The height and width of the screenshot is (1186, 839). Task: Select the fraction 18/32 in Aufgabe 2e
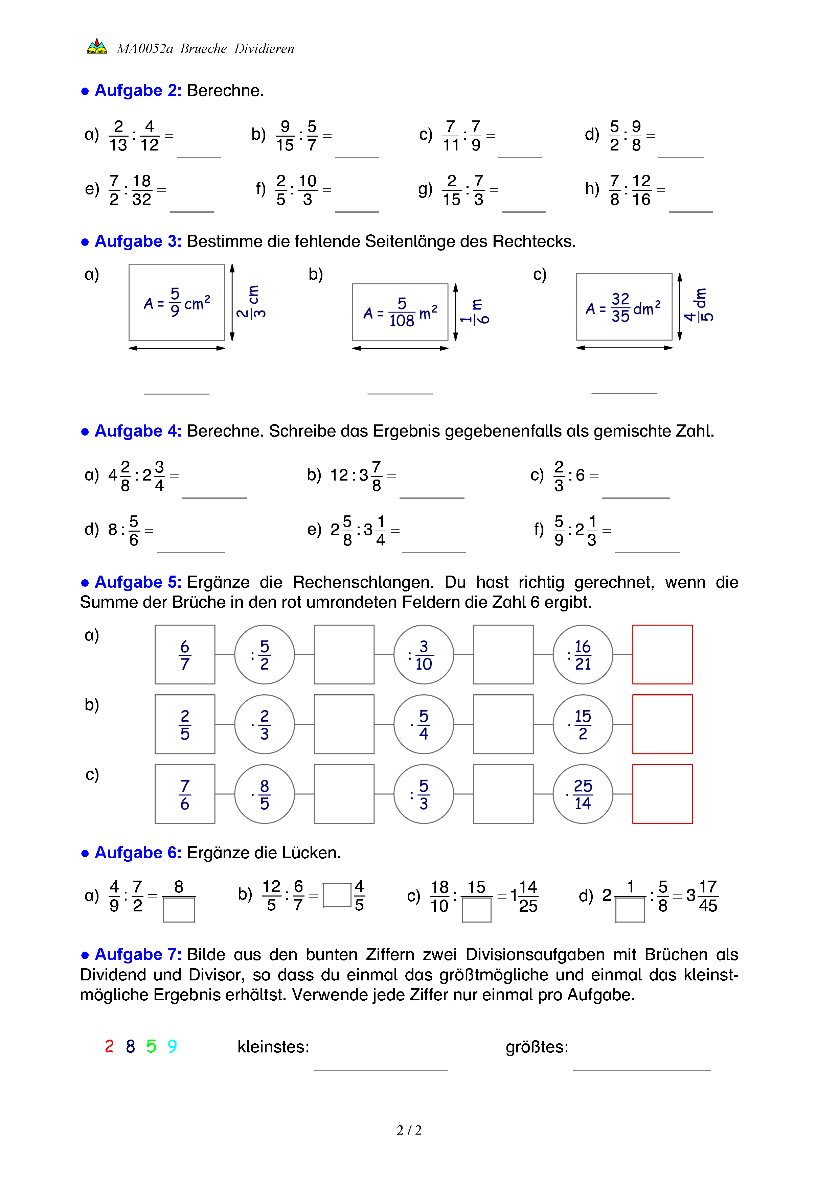(x=141, y=190)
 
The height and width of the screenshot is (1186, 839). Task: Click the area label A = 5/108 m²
(x=400, y=312)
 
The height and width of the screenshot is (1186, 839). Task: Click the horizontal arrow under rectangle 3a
(x=177, y=348)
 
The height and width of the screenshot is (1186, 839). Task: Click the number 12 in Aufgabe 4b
(x=339, y=475)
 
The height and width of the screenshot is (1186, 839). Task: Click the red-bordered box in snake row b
(x=662, y=724)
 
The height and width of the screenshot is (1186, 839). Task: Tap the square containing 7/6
(x=185, y=794)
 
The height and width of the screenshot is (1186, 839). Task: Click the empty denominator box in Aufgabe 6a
(x=179, y=910)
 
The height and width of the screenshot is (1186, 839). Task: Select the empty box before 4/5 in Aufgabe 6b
(x=337, y=895)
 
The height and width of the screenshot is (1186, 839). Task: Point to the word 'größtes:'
(x=537, y=1047)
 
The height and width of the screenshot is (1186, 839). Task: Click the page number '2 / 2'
(x=409, y=1130)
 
